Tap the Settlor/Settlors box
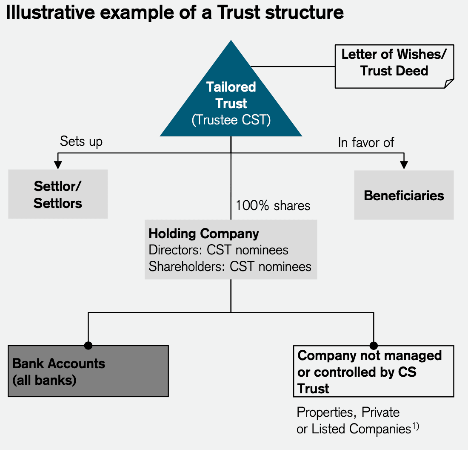click(58, 194)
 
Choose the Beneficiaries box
click(404, 196)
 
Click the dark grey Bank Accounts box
click(88, 371)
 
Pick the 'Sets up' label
click(81, 141)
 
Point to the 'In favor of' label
click(366, 142)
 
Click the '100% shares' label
click(273, 206)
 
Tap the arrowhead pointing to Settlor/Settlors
click(58, 165)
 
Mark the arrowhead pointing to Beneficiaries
click(404, 165)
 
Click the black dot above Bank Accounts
click(88, 345)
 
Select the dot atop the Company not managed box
click(374, 345)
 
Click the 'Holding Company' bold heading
click(204, 234)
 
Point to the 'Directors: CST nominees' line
click(218, 250)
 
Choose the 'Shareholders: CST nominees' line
click(230, 267)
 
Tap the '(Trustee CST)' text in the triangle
click(231, 120)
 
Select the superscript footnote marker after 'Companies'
click(415, 426)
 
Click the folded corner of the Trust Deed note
click(449, 84)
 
